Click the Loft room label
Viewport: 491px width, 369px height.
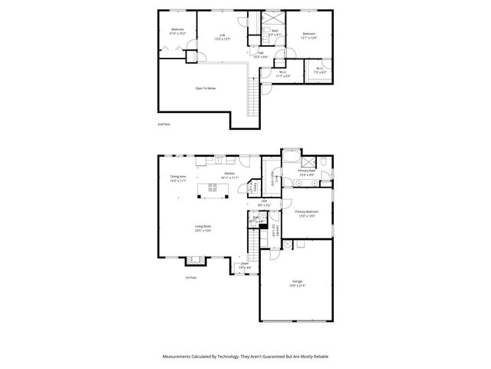pos(223,35)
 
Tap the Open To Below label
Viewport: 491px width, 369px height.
pos(206,88)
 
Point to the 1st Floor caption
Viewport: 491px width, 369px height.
pos(190,278)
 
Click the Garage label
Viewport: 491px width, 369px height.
pos(296,282)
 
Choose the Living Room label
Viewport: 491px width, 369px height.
pos(203,228)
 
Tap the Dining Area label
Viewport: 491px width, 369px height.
pos(178,178)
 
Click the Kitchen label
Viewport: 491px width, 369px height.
pos(229,175)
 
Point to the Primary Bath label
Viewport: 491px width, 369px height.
pos(308,172)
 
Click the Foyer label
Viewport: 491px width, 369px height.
pos(245,265)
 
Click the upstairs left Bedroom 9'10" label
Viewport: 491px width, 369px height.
pos(177,32)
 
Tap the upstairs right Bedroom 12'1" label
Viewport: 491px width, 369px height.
pos(308,35)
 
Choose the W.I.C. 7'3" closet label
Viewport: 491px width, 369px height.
pos(320,71)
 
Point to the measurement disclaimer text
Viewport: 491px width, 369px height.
pos(245,357)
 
